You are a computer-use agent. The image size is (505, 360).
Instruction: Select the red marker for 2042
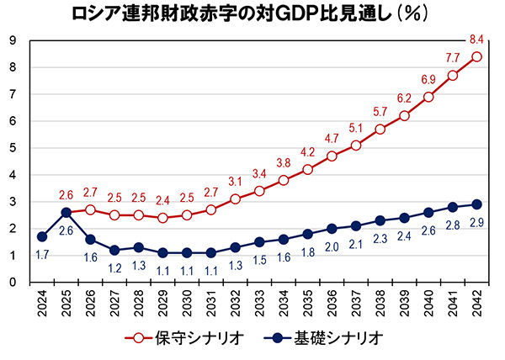pos(476,56)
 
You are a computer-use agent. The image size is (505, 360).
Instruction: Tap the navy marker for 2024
pos(42,236)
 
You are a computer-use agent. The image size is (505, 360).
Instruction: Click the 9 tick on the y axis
pos(14,40)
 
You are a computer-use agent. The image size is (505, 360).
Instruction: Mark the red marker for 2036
pos(332,156)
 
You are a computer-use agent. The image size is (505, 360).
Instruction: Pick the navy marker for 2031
pos(211,252)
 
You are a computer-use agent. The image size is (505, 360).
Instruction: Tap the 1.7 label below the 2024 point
pos(43,253)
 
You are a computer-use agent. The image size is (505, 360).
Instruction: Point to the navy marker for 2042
pos(476,204)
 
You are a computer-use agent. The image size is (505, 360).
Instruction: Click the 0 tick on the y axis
pos(14,282)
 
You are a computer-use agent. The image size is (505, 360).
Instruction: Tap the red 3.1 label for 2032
pos(234,181)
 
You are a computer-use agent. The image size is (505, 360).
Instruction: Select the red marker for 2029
pos(162,218)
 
